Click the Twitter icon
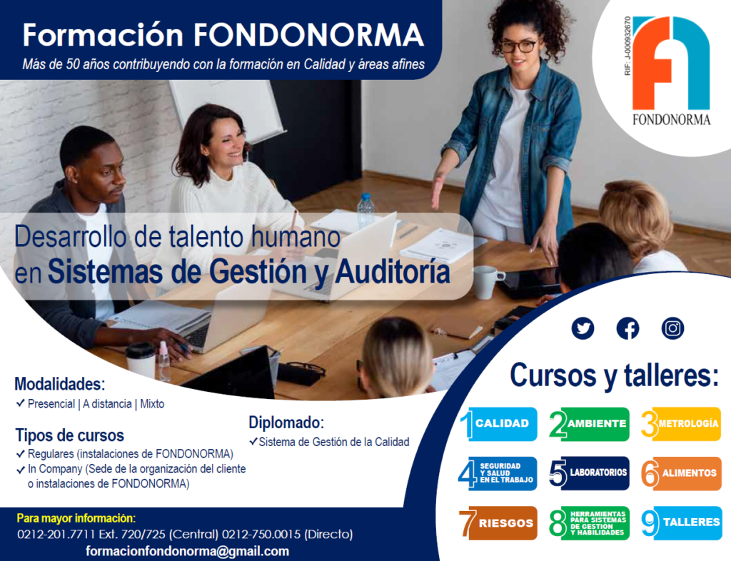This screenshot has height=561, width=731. pyautogui.click(x=583, y=328)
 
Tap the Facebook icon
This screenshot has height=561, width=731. pyautogui.click(x=627, y=328)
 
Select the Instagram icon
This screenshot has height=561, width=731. pyautogui.click(x=672, y=328)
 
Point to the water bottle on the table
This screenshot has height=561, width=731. pyautogui.click(x=365, y=211)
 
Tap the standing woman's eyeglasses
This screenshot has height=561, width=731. pyautogui.click(x=519, y=46)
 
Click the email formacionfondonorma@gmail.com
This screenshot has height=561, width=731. pyautogui.click(x=187, y=551)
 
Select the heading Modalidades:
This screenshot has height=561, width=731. pyautogui.click(x=60, y=384)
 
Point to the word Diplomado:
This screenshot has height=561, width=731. pyautogui.click(x=286, y=423)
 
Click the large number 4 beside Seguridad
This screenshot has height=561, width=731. pyautogui.click(x=468, y=474)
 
